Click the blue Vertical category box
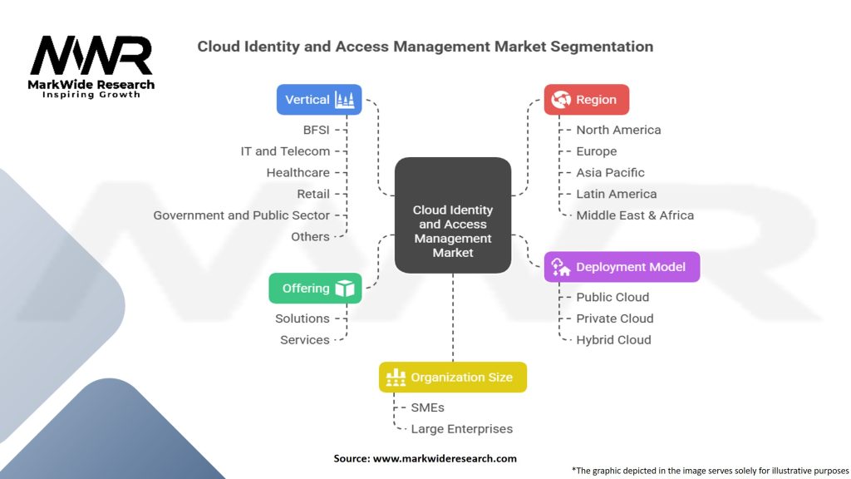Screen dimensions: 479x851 [319, 100]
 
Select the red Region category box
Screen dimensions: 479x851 [586, 100]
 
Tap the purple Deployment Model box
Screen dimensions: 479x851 [622, 267]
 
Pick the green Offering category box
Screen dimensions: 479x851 [315, 289]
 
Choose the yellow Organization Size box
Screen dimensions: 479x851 [452, 378]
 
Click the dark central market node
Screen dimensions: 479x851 [452, 216]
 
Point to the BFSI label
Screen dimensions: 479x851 [316, 131]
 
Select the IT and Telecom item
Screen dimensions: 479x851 [285, 151]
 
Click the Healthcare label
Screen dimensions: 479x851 [298, 173]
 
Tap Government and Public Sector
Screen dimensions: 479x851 [241, 215]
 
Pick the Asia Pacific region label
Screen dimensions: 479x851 [610, 173]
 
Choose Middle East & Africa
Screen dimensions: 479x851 [635, 215]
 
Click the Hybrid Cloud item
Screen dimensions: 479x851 [613, 340]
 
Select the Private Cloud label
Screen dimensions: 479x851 [614, 319]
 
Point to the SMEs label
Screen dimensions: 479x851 [427, 408]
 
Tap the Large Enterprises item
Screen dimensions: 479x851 [461, 429]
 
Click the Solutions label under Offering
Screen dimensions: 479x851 [303, 319]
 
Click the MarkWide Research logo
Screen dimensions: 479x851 [91, 65]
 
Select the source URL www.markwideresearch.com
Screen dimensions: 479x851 [445, 458]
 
